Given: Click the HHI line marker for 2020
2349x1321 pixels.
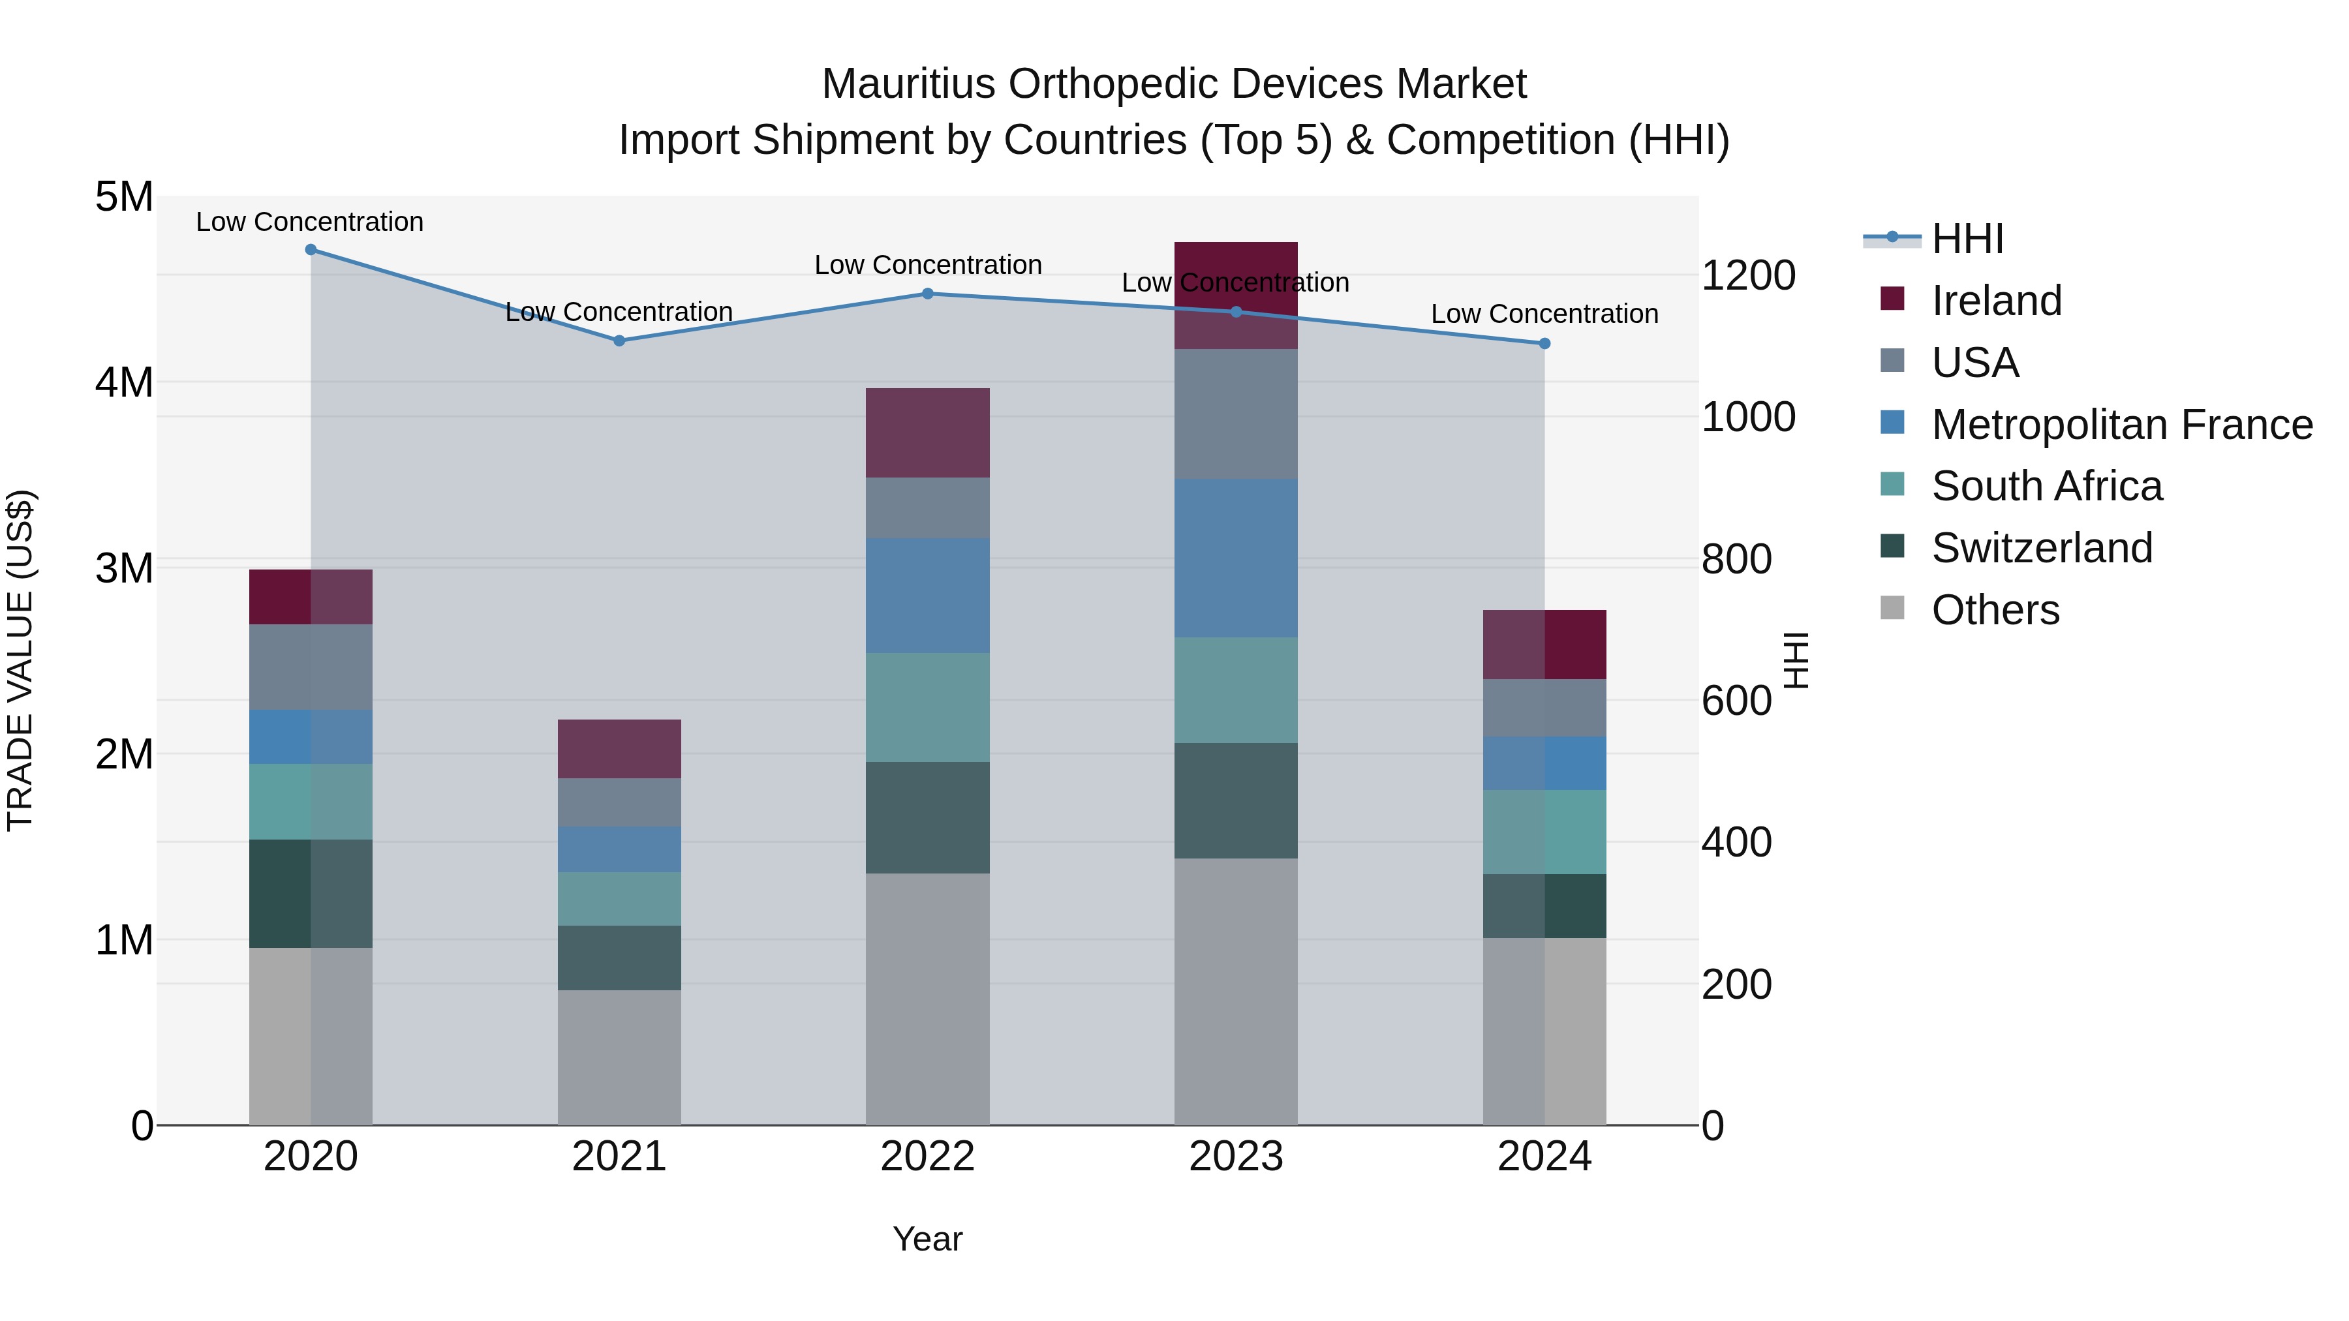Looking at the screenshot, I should coord(311,250).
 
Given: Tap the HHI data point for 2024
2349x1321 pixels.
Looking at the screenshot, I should coord(1544,344).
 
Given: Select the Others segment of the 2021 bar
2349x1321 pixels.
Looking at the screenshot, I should coord(619,1057).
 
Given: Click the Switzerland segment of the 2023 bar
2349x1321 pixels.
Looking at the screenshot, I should coord(1236,800).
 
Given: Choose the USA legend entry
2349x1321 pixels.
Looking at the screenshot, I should coord(1974,363).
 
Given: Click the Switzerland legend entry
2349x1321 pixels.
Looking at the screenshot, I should coord(2042,548).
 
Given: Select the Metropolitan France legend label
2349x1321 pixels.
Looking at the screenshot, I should coord(2122,425).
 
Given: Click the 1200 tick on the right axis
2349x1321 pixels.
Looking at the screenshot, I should coord(1748,275).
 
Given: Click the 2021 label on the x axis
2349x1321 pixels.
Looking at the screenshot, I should coord(619,1157).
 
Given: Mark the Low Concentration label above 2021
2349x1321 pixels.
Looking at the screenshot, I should coord(619,312).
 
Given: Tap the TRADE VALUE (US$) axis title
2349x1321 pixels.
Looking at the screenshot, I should coord(20,660).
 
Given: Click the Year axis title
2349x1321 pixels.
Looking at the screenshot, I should coord(927,1239).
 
